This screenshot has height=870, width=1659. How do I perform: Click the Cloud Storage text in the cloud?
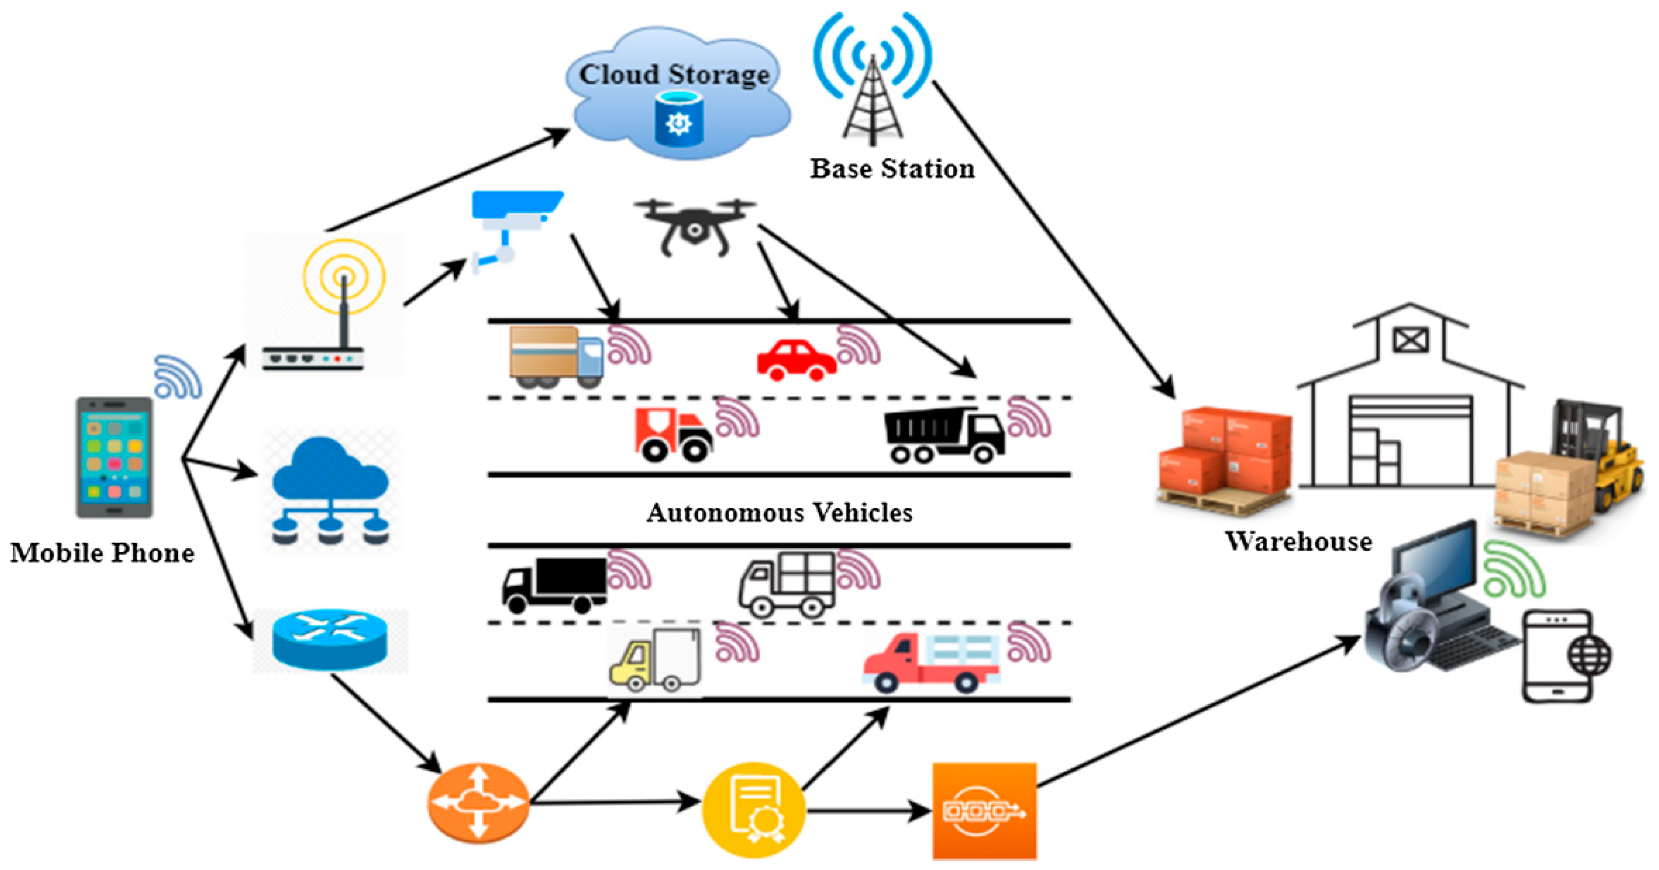coord(674,75)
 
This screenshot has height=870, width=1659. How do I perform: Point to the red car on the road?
coord(796,361)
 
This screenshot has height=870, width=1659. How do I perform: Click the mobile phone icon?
coord(115,457)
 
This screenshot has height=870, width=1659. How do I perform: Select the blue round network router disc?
coord(330,640)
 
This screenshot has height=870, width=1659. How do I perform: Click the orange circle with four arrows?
coord(478,802)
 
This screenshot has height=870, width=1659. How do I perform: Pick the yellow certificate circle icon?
coord(753,810)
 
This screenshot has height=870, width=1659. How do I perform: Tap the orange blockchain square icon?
coord(984,811)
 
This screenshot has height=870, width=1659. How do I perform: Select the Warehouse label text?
coord(1298,541)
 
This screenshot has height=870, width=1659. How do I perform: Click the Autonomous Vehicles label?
coord(779,513)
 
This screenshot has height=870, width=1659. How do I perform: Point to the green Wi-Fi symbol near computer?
coord(1514,570)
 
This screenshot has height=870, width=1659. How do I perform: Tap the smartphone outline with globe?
coord(1562,656)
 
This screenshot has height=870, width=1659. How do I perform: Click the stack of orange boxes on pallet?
coord(1224,457)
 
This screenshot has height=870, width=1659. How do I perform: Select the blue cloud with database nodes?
coord(330,490)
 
